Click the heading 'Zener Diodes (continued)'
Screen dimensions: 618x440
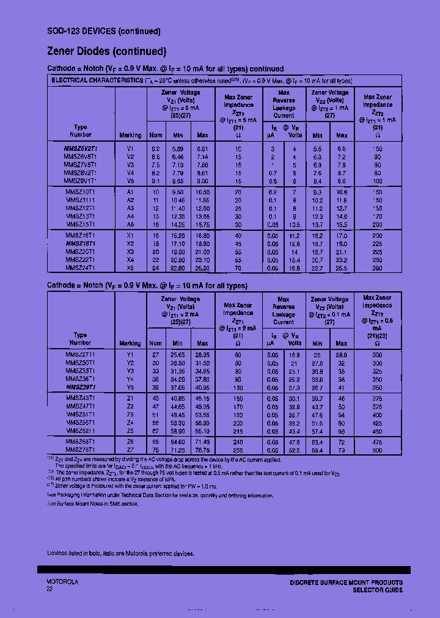click(x=106, y=51)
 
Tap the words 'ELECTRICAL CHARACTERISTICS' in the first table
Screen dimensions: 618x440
click(x=97, y=81)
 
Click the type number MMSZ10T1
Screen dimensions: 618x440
click(x=80, y=192)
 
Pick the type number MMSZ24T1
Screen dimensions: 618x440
click(x=80, y=267)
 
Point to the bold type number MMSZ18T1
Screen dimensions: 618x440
click(x=80, y=243)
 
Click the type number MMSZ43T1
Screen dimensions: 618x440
click(x=80, y=399)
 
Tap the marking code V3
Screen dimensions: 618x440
click(x=130, y=165)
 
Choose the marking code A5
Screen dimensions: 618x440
click(x=130, y=224)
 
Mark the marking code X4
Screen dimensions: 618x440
click(x=130, y=260)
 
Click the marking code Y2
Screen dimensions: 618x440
click(x=130, y=363)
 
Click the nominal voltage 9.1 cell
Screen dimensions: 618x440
click(x=156, y=181)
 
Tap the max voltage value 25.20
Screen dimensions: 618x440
click(x=202, y=267)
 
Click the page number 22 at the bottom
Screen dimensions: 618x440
click(x=50, y=589)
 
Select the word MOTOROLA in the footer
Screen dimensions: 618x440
click(x=62, y=582)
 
